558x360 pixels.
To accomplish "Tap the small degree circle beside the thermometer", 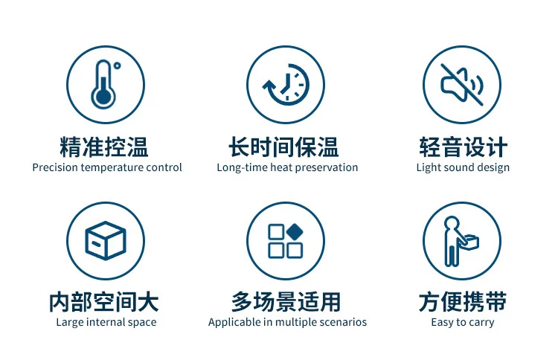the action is coord(117,65).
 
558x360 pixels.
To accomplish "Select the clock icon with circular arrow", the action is coord(286,85).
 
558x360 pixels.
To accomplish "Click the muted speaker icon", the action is coord(462,85).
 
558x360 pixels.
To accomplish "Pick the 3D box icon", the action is coord(106,240).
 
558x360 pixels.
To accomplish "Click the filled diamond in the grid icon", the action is coord(295,232).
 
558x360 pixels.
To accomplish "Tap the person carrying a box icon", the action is coord(461,241).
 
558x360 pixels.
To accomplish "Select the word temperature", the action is coord(112,168).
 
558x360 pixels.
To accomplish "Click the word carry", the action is coord(481,323).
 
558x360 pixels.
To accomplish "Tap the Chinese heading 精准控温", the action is coord(104,147).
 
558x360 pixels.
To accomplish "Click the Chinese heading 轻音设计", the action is coord(463,147).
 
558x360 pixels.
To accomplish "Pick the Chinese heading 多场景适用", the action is coord(286,302).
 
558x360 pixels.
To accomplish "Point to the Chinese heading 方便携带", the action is coord(463,302).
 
